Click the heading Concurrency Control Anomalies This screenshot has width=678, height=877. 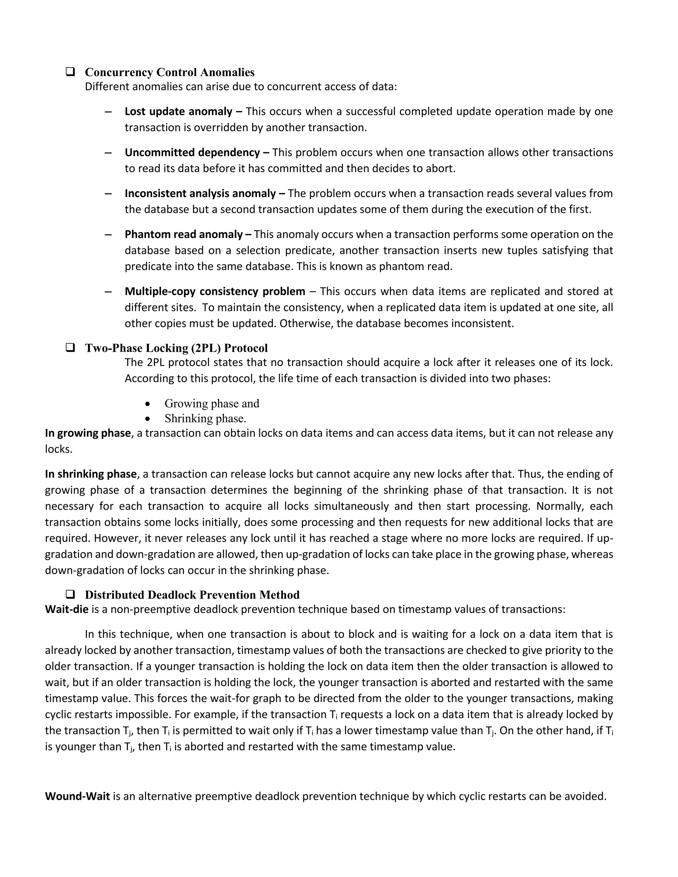pyautogui.click(x=169, y=72)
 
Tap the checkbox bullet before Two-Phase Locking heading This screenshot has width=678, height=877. pyautogui.click(x=70, y=347)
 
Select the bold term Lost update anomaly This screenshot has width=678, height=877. pyautogui.click(x=178, y=111)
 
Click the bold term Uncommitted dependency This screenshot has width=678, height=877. pyautogui.click(x=192, y=153)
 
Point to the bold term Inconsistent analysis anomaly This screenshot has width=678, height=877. pyautogui.click(x=200, y=194)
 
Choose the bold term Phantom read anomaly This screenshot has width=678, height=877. pyautogui.click(x=183, y=235)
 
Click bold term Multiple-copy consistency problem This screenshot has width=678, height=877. pyautogui.click(x=215, y=291)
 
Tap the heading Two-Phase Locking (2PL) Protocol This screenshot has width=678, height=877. pyautogui.click(x=176, y=348)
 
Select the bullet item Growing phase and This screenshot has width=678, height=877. pyautogui.click(x=212, y=403)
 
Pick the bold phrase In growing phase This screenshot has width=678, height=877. pyautogui.click(x=87, y=433)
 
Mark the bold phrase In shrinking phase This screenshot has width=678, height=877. pyautogui.click(x=91, y=474)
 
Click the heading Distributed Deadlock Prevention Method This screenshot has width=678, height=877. pyautogui.click(x=192, y=595)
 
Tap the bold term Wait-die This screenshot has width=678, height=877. pyautogui.click(x=66, y=609)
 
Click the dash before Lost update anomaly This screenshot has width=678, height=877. pyautogui.click(x=108, y=111)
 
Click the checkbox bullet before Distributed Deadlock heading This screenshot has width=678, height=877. pyautogui.click(x=70, y=594)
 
